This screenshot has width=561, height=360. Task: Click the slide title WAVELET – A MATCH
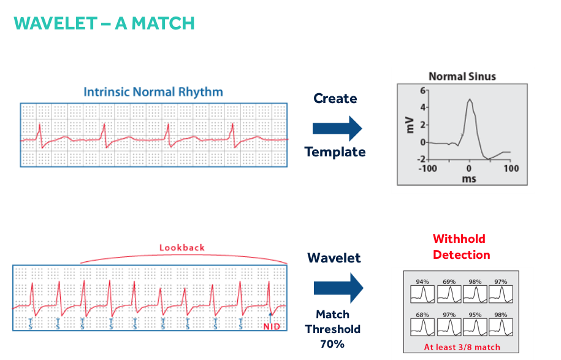click(104, 23)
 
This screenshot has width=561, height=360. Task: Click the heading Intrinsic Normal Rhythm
click(153, 93)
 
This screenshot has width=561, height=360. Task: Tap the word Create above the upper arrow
click(335, 99)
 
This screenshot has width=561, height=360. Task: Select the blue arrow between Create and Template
click(337, 128)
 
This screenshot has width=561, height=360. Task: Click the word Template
click(335, 151)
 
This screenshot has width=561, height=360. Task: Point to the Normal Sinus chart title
click(462, 77)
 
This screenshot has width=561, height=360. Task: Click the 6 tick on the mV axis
click(422, 90)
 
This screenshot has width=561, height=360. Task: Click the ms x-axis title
click(468, 179)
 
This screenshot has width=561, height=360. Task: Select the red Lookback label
click(182, 248)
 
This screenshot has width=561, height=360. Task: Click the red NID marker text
click(272, 326)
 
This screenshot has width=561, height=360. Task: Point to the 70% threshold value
click(332, 344)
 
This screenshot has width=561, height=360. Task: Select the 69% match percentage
click(449, 282)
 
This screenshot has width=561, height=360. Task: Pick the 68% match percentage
click(422, 315)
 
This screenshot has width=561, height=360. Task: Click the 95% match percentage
click(475, 315)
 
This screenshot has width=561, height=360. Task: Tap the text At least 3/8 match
click(462, 347)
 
